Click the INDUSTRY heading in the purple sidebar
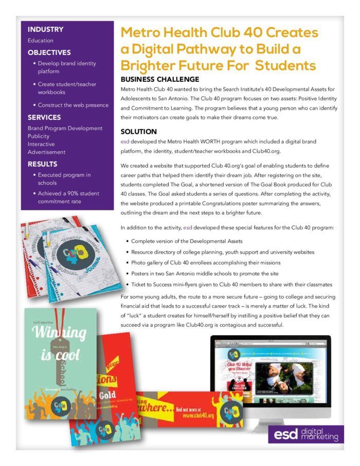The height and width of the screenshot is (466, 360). [45, 29]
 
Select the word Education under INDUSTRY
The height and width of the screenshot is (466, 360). [40, 41]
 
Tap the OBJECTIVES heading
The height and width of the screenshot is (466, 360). [49, 52]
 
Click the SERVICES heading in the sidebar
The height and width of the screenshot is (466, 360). [44, 117]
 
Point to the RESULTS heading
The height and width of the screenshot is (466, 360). [43, 164]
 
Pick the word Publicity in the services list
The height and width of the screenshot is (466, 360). [39, 136]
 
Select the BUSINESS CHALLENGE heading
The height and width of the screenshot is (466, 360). [159, 79]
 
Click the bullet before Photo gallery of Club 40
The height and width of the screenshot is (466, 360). [127, 263]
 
